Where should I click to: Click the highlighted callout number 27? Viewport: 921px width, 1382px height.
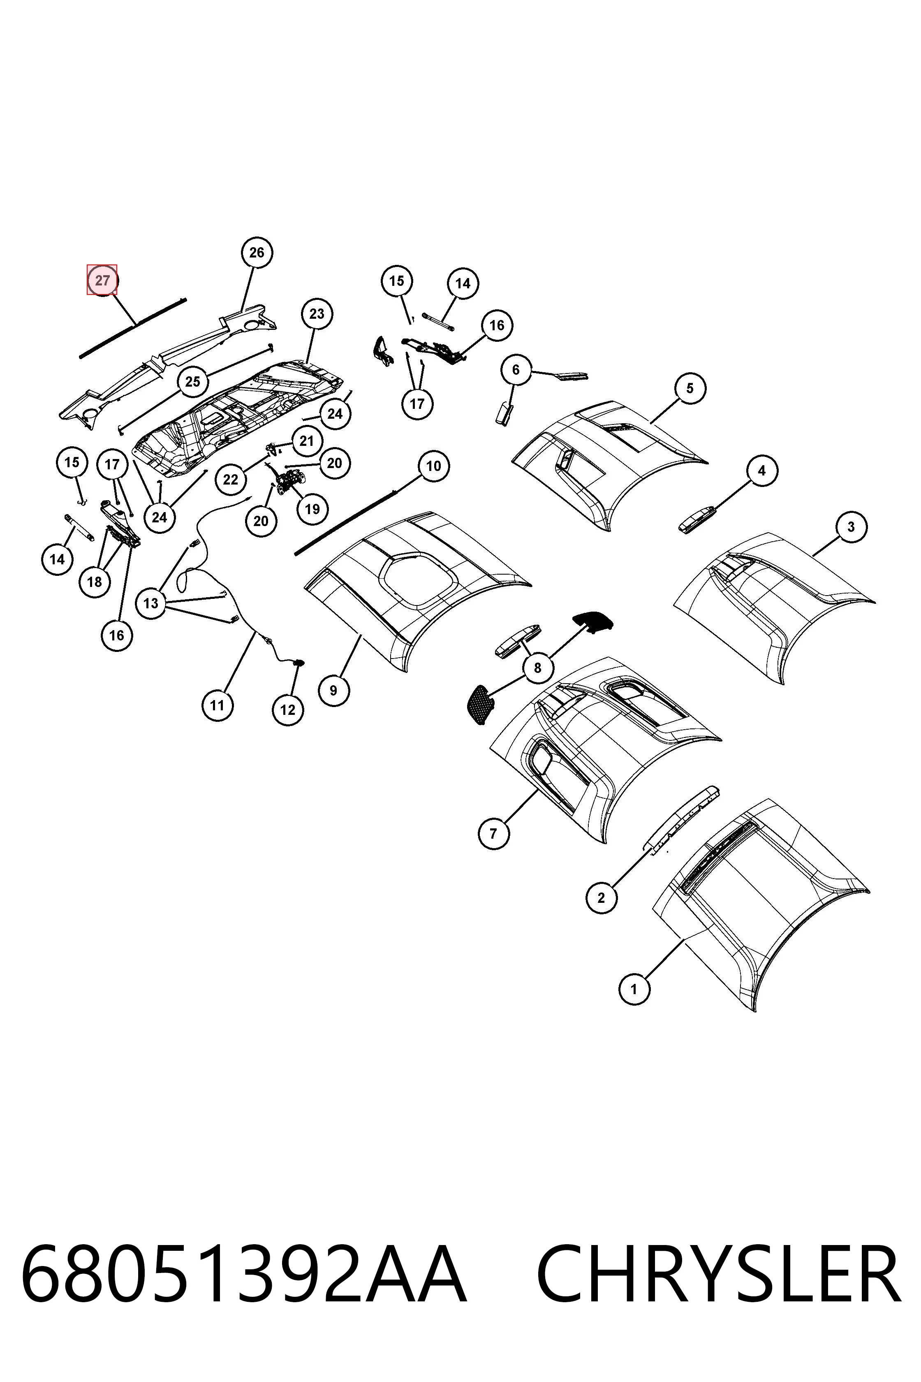(x=102, y=280)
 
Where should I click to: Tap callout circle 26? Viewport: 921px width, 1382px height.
(x=257, y=253)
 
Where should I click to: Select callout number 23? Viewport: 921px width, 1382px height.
(x=317, y=314)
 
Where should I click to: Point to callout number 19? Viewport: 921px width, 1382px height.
(x=312, y=509)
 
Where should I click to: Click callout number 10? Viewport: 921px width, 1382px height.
(x=433, y=466)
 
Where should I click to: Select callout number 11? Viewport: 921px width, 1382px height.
(x=218, y=705)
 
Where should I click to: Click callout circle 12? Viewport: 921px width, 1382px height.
(x=288, y=710)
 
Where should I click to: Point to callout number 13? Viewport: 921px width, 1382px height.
(x=151, y=603)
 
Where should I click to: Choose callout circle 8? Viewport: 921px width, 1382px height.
(x=537, y=668)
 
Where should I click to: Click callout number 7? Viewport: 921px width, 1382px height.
(x=493, y=833)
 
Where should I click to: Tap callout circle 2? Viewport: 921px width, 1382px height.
(x=601, y=898)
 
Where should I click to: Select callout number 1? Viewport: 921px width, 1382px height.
(x=634, y=989)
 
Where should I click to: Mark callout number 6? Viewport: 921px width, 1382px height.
(x=516, y=370)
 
